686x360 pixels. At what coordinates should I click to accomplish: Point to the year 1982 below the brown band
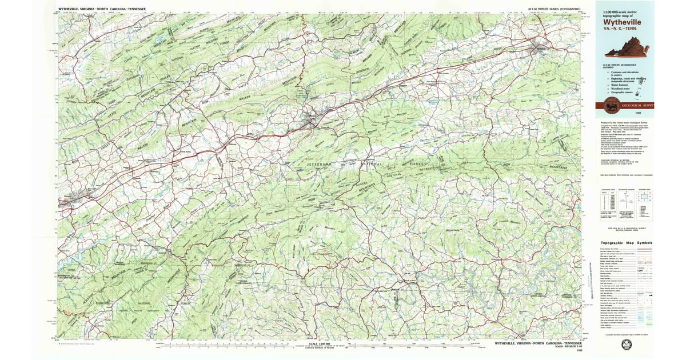(x=646, y=114)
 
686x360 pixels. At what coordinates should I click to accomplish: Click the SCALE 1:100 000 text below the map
(x=320, y=344)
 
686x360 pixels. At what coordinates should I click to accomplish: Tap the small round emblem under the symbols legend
(x=627, y=344)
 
